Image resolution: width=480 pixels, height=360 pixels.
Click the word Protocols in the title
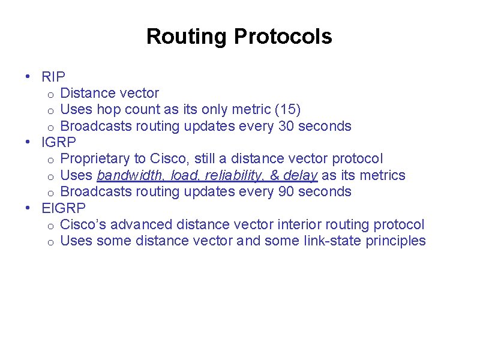pyautogui.click(x=283, y=37)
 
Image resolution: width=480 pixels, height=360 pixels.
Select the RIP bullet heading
pyautogui.click(x=53, y=77)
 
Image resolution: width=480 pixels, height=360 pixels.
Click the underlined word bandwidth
pyautogui.click(x=131, y=175)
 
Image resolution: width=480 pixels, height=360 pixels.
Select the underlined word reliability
pyautogui.click(x=233, y=175)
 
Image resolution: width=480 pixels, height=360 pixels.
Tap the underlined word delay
pyautogui.click(x=299, y=175)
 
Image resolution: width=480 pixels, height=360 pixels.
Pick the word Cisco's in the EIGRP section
pyautogui.click(x=85, y=224)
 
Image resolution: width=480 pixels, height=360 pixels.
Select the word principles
pyautogui.click(x=397, y=241)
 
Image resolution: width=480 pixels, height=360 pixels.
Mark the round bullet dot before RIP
pyautogui.click(x=28, y=77)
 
